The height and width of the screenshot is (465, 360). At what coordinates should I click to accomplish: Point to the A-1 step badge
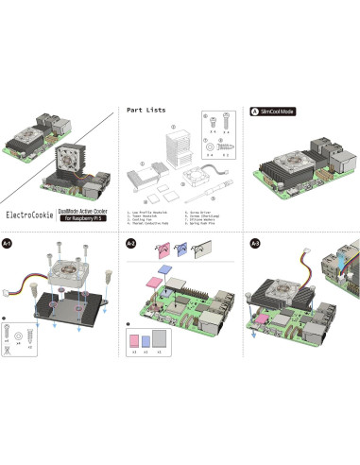[9, 244]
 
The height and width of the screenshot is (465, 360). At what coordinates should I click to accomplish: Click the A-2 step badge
[131, 244]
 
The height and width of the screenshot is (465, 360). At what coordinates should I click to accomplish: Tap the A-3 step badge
[254, 244]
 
